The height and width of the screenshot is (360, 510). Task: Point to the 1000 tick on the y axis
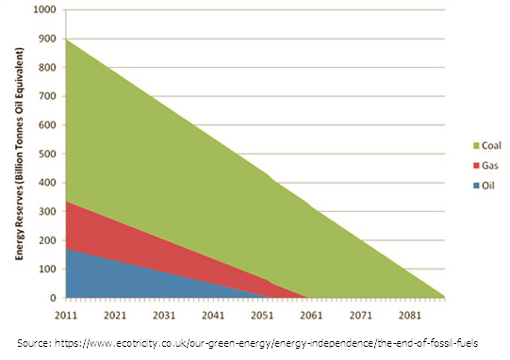[x=44, y=10]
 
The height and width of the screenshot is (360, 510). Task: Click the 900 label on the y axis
[x=47, y=39]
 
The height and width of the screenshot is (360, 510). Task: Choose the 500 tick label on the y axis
[x=47, y=154]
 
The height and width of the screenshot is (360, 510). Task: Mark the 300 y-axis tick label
[x=47, y=211]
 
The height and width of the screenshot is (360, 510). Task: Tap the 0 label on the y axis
[x=54, y=298]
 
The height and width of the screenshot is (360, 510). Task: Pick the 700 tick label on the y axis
[x=47, y=96]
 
